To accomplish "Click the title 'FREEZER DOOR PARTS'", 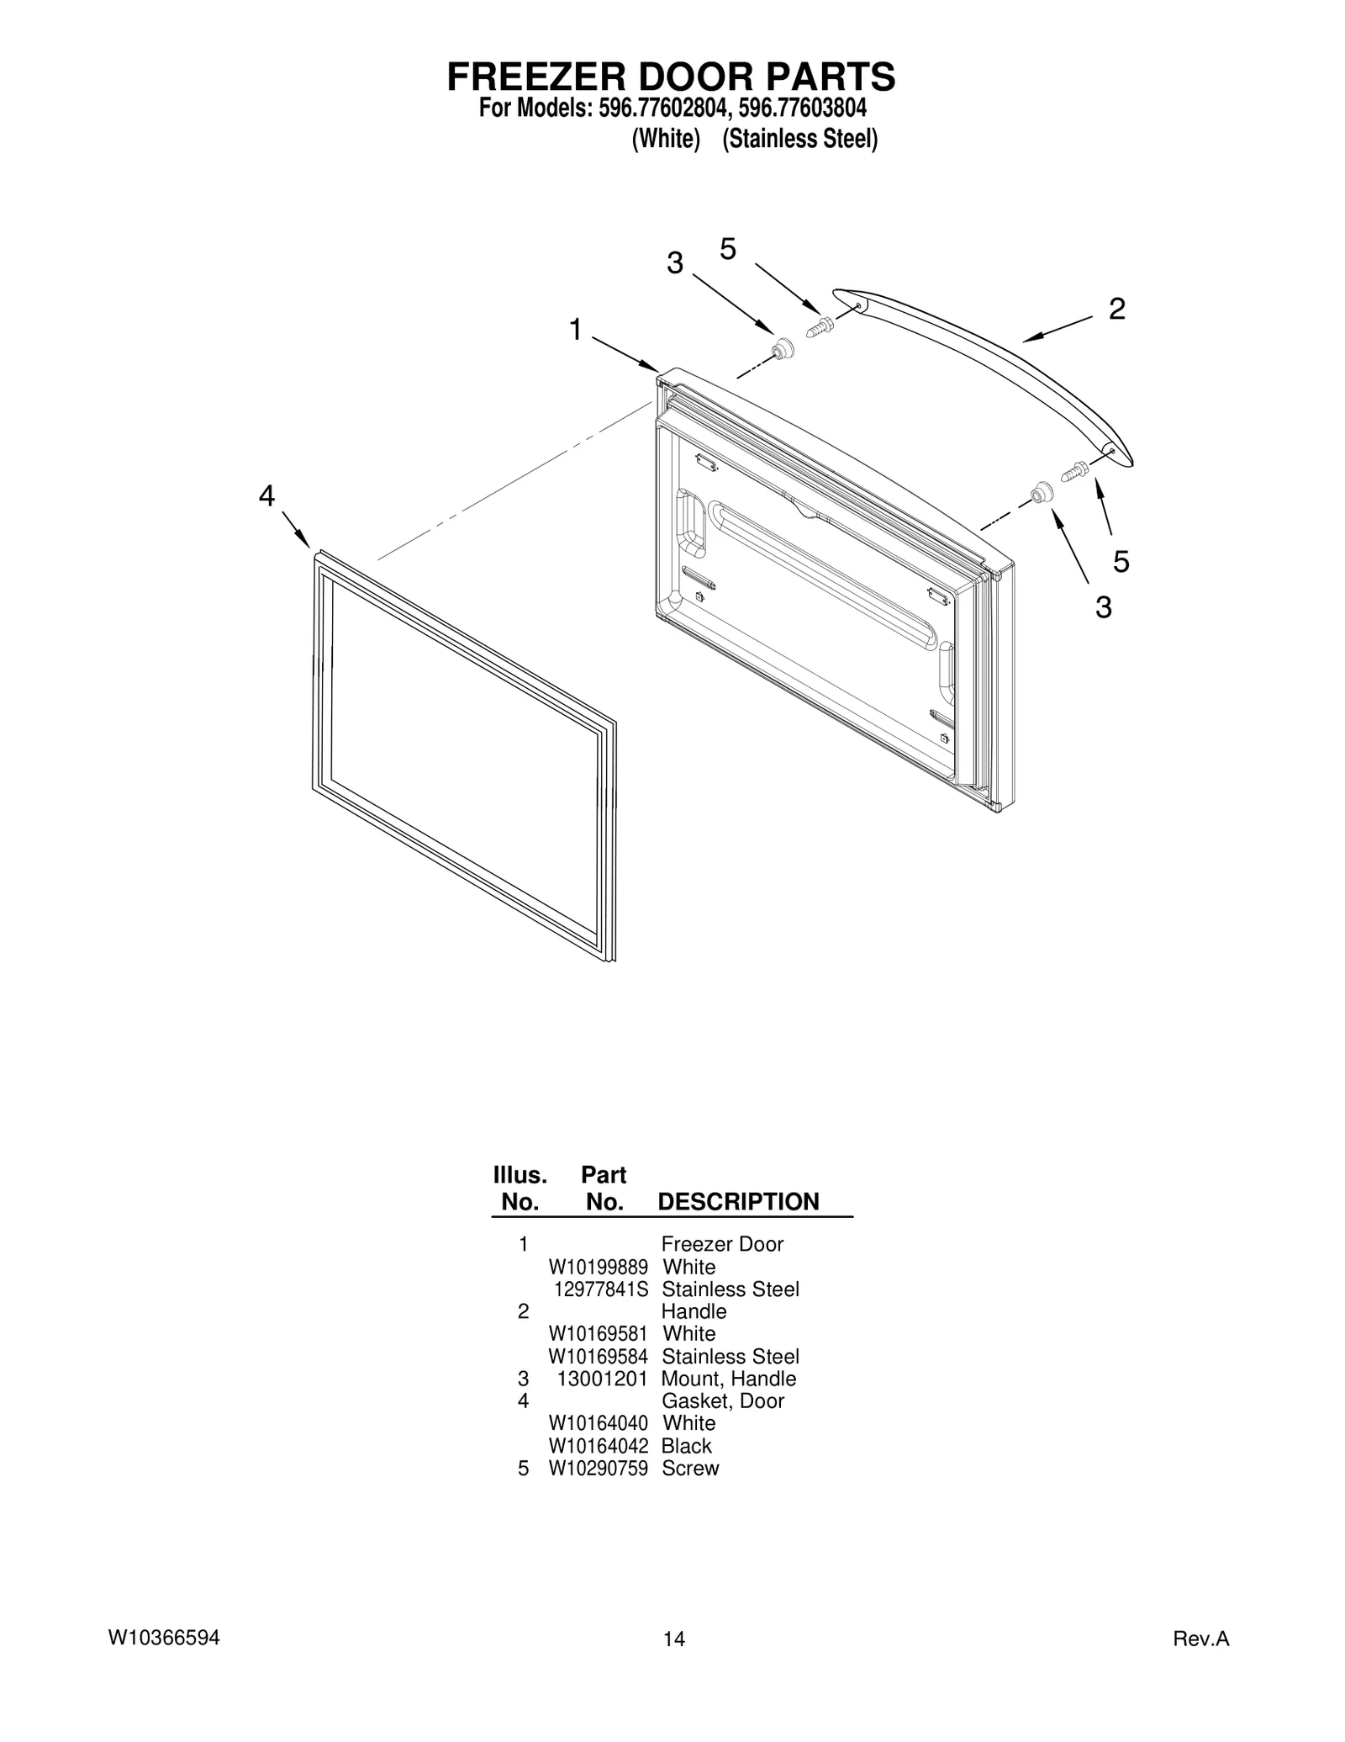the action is (x=671, y=77).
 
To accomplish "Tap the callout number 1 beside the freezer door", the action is (x=575, y=330).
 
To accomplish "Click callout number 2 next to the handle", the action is (x=1116, y=310).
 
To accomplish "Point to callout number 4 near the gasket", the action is (x=266, y=496).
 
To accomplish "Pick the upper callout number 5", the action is (x=728, y=249).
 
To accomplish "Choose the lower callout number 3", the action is (x=1103, y=606).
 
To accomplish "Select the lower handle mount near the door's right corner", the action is (x=1042, y=492).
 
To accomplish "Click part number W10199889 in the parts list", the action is (x=598, y=1267).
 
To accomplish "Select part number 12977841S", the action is (x=600, y=1289).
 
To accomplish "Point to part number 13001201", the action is (x=602, y=1379).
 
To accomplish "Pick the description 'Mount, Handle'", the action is (x=728, y=1379).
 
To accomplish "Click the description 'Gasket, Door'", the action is (x=722, y=1400).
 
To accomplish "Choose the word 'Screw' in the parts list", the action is (x=690, y=1468).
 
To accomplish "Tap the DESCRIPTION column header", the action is (x=738, y=1201).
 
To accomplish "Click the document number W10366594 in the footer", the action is (x=164, y=1638).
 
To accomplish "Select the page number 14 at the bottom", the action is (x=673, y=1639).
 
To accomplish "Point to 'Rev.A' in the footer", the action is (x=1201, y=1639).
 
